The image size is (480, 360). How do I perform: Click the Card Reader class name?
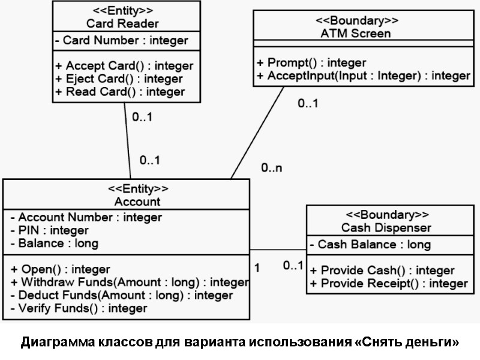122,24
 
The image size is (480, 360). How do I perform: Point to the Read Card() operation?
120,92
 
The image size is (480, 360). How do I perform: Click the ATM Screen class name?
355,34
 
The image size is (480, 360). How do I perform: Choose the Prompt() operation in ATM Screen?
311,62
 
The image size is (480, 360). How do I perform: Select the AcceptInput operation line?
363,76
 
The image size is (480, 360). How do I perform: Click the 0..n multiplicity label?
271,169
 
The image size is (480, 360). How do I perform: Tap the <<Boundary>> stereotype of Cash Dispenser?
386,214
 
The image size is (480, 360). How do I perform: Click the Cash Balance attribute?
370,244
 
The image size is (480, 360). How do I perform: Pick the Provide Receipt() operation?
388,283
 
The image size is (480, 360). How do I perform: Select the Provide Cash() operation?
382,271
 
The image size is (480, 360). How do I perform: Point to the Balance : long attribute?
54,243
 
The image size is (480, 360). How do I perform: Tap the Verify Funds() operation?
79,308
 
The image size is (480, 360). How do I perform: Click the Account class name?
137,202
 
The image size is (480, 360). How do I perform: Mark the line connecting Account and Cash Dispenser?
278,250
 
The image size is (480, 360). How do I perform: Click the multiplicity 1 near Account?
257,268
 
